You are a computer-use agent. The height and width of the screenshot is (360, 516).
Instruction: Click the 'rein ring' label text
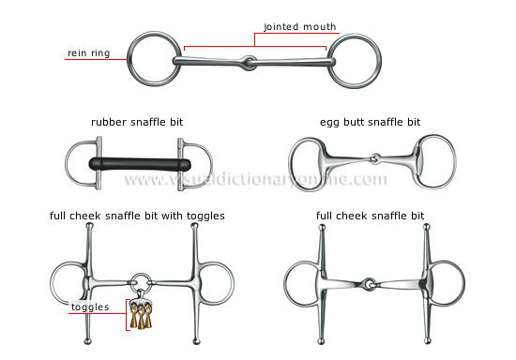88,53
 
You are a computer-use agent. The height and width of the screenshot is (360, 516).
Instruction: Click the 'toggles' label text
89,307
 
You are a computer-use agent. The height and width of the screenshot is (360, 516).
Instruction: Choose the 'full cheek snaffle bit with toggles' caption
137,217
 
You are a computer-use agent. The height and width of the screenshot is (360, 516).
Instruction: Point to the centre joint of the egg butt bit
374,159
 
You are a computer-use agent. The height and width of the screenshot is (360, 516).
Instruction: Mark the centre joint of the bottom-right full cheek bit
370,282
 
